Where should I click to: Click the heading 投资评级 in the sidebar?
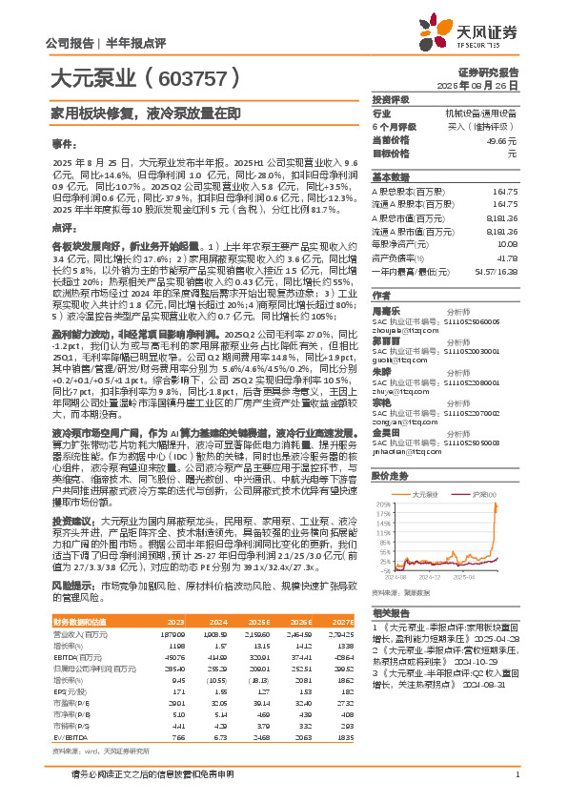pos(391,99)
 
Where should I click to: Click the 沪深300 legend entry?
pos(481,495)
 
